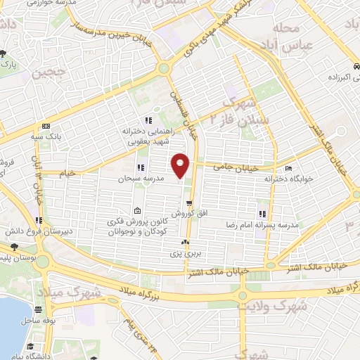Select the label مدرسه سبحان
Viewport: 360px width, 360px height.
point(141,179)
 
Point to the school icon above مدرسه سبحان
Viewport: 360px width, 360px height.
point(141,168)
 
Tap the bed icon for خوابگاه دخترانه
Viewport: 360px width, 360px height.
point(288,169)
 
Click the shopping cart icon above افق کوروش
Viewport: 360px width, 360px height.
point(188,202)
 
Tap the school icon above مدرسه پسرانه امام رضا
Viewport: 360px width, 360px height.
point(261,214)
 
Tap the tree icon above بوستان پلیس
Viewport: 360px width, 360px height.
point(14,247)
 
